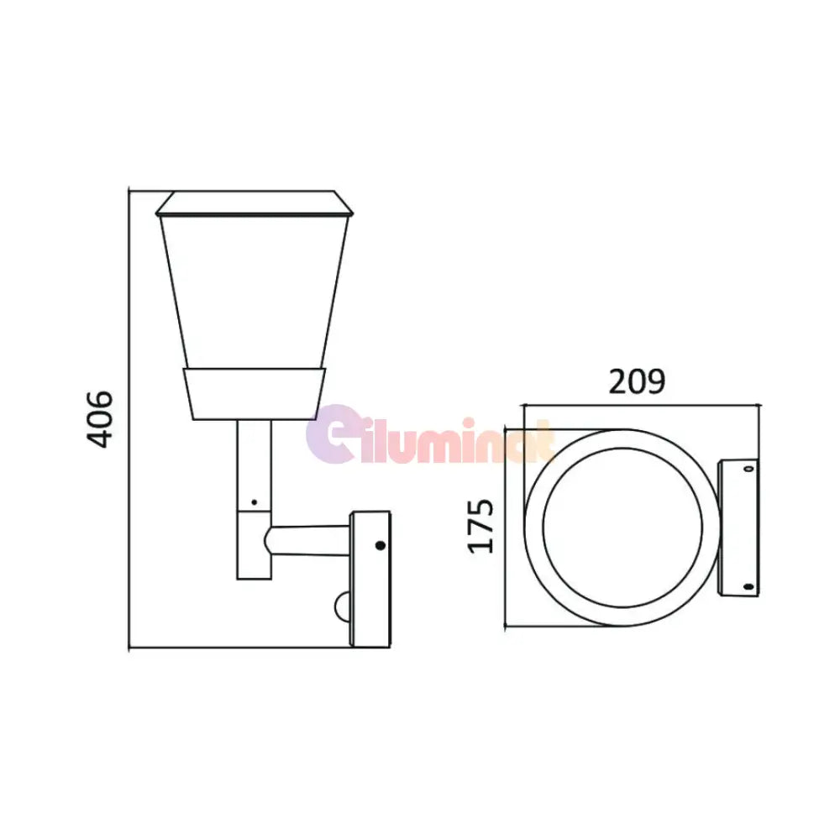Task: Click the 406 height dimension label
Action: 101,417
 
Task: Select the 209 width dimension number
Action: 637,381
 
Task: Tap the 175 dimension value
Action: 481,526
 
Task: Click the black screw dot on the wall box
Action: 380,545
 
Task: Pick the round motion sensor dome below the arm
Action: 343,605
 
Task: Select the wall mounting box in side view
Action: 370,580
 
